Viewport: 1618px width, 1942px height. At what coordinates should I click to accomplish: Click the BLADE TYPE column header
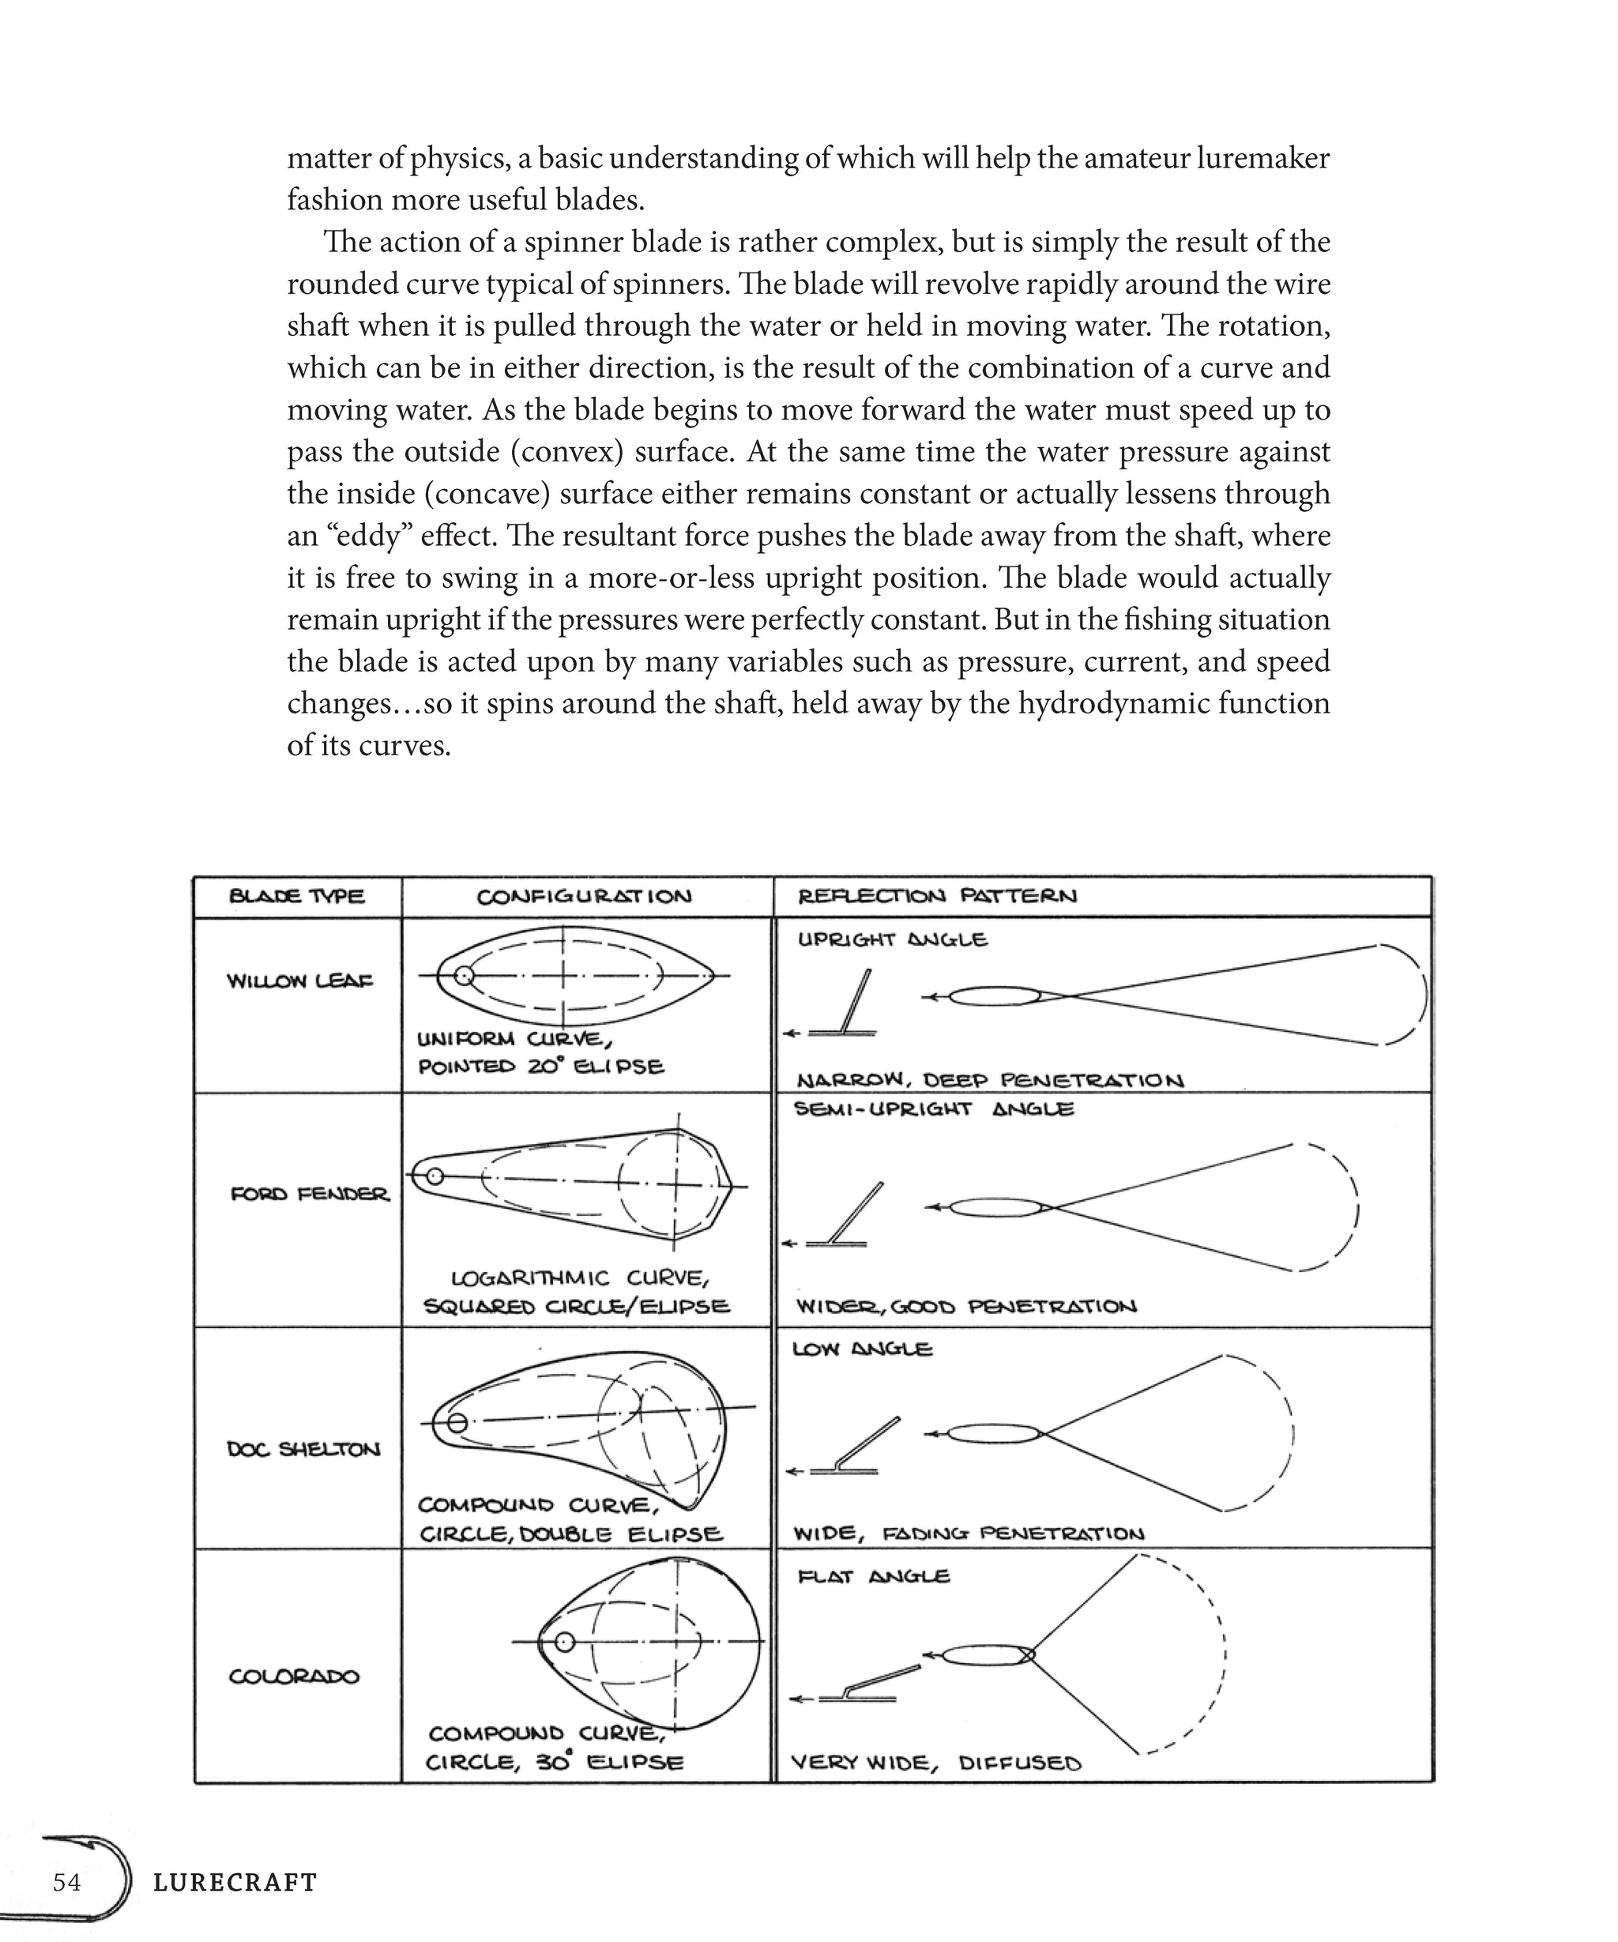click(x=297, y=896)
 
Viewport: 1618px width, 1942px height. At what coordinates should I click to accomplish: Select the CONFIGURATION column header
click(x=583, y=896)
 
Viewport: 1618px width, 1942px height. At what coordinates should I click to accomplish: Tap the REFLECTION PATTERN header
click(x=936, y=895)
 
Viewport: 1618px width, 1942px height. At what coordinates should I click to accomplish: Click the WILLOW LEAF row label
click(x=300, y=981)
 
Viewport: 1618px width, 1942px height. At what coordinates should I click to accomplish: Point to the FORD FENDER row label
click(x=310, y=1194)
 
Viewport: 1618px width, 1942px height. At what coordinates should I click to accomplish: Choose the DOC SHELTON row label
click(x=303, y=1449)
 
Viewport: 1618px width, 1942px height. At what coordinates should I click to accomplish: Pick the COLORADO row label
click(x=294, y=1677)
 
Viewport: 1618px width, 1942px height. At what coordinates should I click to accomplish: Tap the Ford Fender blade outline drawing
click(x=574, y=1184)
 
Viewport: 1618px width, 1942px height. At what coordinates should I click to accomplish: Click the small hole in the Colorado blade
click(x=564, y=1642)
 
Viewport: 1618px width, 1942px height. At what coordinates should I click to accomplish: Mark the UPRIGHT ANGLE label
click(x=892, y=940)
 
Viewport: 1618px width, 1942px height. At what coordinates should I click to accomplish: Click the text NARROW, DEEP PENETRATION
click(x=989, y=1080)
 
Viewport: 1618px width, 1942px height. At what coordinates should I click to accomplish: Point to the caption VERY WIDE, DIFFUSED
click(x=935, y=1763)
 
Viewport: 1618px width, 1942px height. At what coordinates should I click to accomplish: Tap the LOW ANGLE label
click(x=862, y=1349)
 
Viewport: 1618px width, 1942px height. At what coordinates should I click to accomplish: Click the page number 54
click(x=66, y=1882)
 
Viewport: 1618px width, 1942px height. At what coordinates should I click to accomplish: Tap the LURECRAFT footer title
click(x=235, y=1882)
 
